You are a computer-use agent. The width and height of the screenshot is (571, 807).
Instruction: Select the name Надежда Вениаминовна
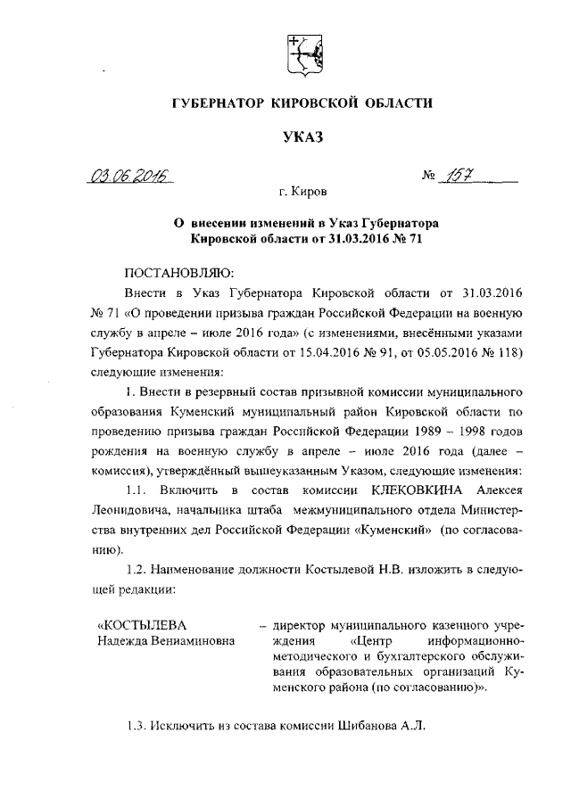[166, 640]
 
